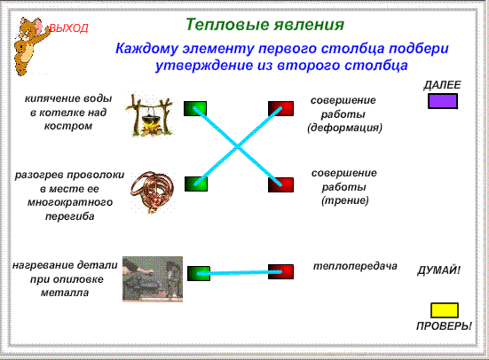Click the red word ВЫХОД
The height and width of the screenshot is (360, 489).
pyautogui.click(x=69, y=28)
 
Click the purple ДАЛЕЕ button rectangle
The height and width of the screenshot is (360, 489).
pyautogui.click(x=443, y=101)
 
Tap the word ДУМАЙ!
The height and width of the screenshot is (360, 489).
pyautogui.click(x=438, y=270)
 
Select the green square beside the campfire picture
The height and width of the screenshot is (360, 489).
pyautogui.click(x=195, y=108)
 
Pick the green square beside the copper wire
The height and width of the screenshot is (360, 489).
pyautogui.click(x=196, y=184)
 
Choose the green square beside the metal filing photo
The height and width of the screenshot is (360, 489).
pyautogui.click(x=199, y=273)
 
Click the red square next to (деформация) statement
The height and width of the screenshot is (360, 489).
pyautogui.click(x=280, y=108)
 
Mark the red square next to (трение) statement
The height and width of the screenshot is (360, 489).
pyautogui.click(x=280, y=184)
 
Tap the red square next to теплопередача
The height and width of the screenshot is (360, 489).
pyautogui.click(x=280, y=272)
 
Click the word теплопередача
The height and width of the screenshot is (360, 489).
pyautogui.click(x=355, y=266)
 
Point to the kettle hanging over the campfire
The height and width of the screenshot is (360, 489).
pyautogui.click(x=149, y=120)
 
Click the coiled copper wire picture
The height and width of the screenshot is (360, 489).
pyautogui.click(x=152, y=192)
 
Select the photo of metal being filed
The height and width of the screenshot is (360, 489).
pyautogui.click(x=153, y=279)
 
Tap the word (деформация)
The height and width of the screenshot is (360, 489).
pyautogui.click(x=344, y=128)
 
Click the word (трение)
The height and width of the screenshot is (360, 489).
pyautogui.click(x=345, y=200)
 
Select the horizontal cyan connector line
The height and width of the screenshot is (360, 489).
pyautogui.click(x=240, y=273)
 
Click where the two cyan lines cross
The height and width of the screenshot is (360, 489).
pyautogui.click(x=237, y=146)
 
